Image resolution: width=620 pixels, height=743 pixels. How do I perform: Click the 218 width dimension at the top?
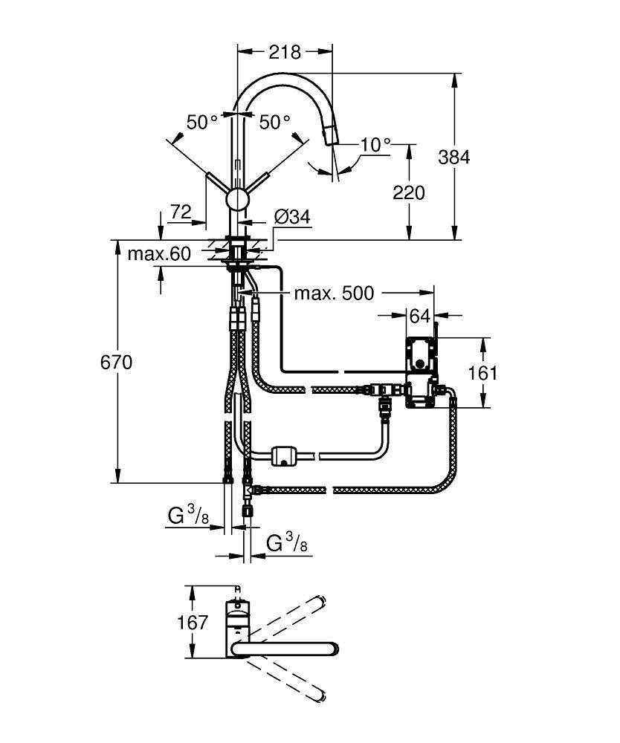click(284, 52)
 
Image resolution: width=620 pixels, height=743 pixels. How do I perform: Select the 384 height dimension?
click(454, 157)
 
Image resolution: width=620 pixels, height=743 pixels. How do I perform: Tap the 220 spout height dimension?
click(408, 192)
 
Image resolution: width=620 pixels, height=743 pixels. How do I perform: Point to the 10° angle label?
click(375, 144)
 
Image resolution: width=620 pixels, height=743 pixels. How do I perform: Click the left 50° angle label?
click(201, 122)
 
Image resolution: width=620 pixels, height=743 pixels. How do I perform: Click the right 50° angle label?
click(275, 122)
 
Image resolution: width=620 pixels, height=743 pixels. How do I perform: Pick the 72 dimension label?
click(181, 212)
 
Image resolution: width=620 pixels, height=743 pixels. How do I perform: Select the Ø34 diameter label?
click(292, 217)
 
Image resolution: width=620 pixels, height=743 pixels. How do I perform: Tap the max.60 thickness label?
click(159, 254)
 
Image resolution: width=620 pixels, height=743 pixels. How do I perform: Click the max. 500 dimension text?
click(334, 293)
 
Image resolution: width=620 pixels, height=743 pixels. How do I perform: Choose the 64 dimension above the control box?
click(420, 316)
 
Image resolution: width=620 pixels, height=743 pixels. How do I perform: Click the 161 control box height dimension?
click(484, 372)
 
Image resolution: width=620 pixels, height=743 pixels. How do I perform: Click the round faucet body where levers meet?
click(238, 198)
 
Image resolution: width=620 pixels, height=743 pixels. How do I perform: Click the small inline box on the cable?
click(285, 455)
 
